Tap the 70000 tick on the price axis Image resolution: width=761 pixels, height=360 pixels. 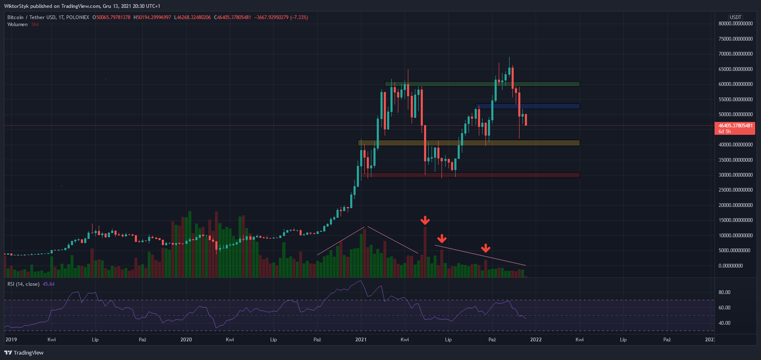[x=736, y=54]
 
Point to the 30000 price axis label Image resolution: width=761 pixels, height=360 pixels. [x=736, y=175]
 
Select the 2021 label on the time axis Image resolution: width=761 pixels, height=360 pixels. [x=361, y=340]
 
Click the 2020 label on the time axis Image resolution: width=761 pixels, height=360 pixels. [x=186, y=340]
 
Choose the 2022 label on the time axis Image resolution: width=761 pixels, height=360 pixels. [x=536, y=340]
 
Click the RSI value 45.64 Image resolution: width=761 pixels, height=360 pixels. [x=49, y=284]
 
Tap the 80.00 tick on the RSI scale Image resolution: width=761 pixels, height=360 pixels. [x=724, y=292]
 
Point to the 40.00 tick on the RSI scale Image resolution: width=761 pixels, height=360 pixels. [x=724, y=323]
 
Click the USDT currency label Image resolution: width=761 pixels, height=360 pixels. [x=736, y=17]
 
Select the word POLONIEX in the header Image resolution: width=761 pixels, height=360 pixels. [x=78, y=17]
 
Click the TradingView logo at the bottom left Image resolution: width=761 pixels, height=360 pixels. [x=24, y=353]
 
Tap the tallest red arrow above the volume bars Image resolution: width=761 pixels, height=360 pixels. [x=425, y=220]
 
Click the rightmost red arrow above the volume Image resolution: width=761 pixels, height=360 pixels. [x=485, y=248]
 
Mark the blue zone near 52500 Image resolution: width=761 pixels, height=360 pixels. [x=528, y=106]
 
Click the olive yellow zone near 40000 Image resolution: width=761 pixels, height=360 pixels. [x=469, y=143]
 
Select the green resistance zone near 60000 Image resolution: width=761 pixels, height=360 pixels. [x=482, y=84]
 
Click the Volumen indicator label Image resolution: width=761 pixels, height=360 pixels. [x=17, y=24]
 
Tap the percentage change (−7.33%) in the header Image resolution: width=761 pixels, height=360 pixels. [x=299, y=17]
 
